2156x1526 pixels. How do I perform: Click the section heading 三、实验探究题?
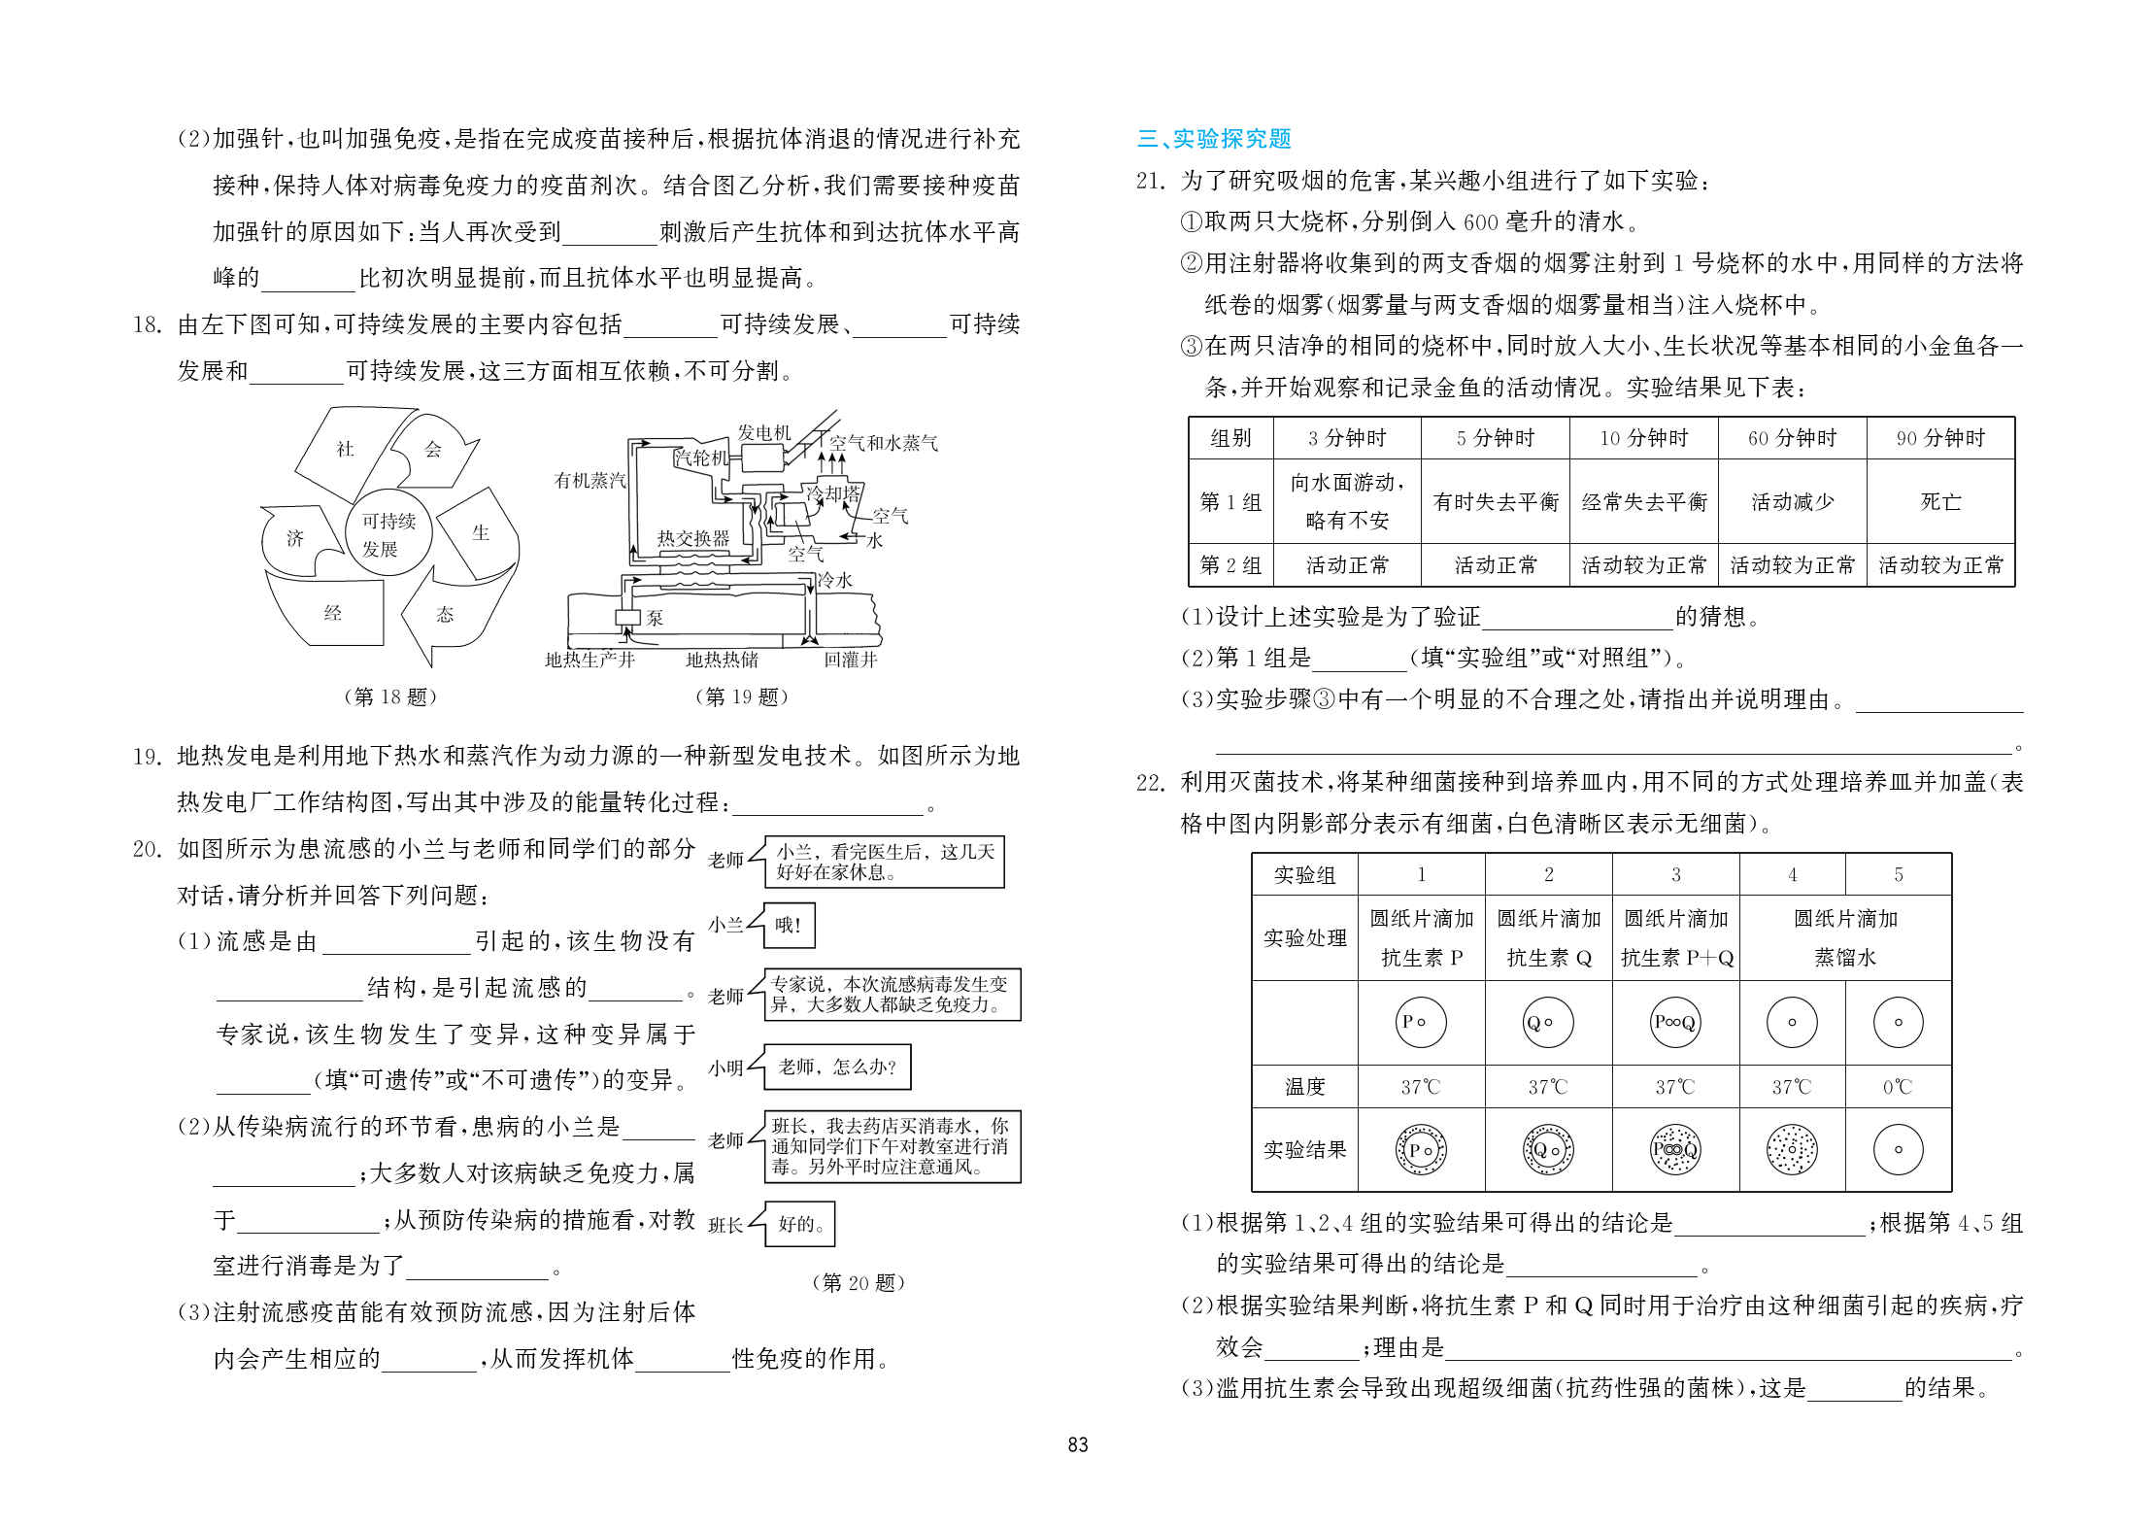coord(1214,139)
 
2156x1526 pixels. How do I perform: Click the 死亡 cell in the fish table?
coord(1940,502)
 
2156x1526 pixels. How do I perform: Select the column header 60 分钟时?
coord(1792,438)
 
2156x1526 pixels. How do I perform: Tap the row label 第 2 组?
coord(1230,565)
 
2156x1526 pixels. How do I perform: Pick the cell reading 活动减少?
coord(1792,502)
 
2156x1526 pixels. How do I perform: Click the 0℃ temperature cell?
coord(1898,1087)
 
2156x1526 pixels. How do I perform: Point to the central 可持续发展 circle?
coord(388,534)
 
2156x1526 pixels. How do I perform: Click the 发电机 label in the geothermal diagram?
coord(763,432)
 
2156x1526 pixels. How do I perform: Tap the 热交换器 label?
coord(692,538)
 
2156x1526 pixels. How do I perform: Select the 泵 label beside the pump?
coord(656,618)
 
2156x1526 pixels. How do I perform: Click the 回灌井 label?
coord(851,660)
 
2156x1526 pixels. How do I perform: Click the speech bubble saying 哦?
coord(788,926)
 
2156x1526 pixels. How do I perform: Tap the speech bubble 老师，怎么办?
coord(837,1068)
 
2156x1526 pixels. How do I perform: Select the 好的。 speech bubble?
coord(800,1224)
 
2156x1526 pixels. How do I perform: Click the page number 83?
coord(1078,1444)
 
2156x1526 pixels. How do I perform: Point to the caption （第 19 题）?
coord(741,696)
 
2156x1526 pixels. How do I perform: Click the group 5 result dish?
coord(1898,1150)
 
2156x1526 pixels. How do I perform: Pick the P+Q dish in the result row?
coord(1675,1150)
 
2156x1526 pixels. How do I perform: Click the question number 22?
coord(1150,783)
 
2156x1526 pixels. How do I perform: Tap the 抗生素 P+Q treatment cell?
coord(1675,938)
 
